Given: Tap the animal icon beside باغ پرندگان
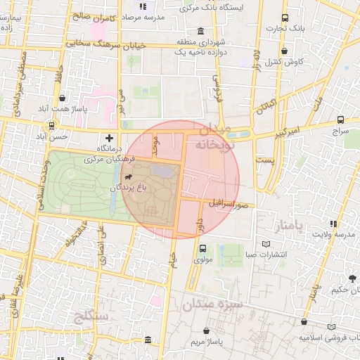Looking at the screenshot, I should click(x=129, y=176).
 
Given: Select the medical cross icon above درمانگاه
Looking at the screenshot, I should click(x=108, y=138).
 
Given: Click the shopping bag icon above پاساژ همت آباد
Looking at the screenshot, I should click(x=64, y=99).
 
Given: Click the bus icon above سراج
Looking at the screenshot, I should click(x=341, y=120).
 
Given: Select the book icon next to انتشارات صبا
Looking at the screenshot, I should click(x=265, y=244).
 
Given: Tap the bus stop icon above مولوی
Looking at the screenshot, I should click(x=203, y=248).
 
